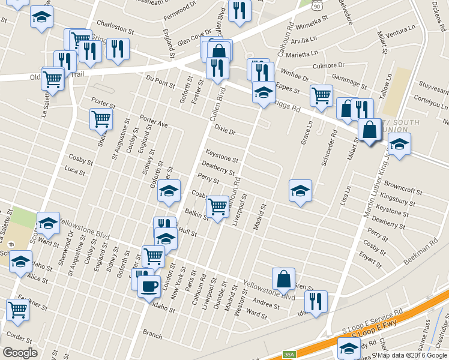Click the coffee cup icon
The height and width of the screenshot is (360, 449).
click(149, 286)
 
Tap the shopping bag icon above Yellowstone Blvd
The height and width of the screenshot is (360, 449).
click(283, 278)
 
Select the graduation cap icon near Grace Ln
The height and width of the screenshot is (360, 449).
click(300, 191)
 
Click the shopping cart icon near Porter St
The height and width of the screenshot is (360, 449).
click(101, 119)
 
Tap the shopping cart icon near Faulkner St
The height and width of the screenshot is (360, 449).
click(17, 310)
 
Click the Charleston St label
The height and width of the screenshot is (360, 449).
click(115, 28)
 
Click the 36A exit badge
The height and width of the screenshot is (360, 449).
click(289, 355)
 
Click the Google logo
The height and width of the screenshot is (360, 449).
click(20, 353)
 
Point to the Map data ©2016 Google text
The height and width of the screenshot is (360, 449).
click(412, 355)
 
